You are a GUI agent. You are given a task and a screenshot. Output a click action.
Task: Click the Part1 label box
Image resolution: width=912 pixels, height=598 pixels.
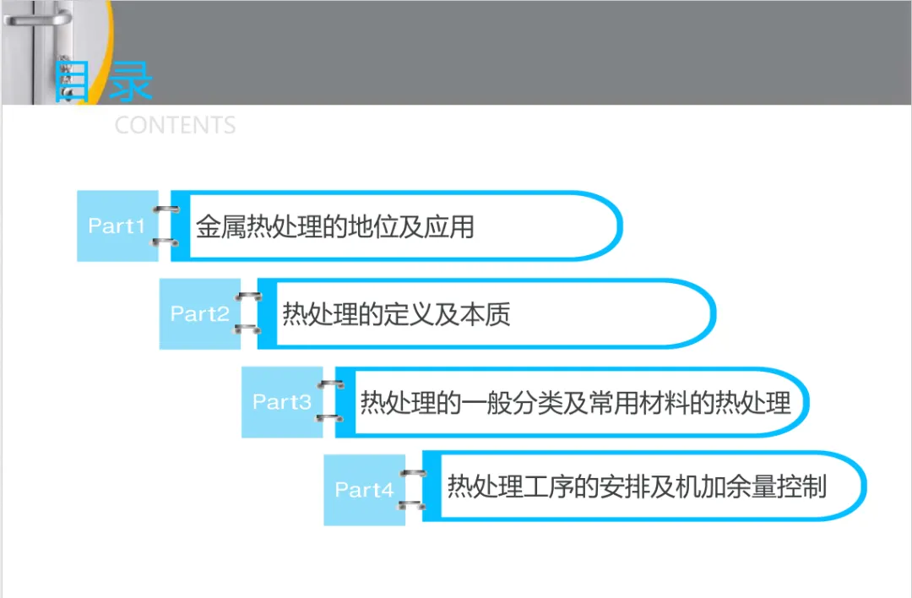tap(117, 226)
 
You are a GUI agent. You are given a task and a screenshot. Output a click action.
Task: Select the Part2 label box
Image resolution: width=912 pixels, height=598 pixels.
tap(199, 314)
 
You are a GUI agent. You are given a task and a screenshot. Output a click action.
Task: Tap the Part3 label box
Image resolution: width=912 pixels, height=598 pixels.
tap(281, 402)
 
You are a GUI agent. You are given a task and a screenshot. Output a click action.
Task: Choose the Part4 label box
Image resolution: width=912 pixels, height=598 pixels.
tap(364, 490)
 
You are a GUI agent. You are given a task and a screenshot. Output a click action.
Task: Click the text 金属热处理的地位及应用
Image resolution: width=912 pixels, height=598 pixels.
tap(334, 226)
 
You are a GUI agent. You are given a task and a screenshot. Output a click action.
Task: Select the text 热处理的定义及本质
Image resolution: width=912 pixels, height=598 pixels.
tap(396, 314)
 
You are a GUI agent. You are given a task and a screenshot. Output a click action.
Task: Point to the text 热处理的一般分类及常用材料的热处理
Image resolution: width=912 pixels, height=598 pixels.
tap(575, 402)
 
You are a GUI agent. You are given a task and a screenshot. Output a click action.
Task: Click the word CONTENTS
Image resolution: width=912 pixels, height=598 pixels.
tap(175, 126)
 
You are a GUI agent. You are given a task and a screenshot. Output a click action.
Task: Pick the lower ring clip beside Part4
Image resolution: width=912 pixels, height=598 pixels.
tap(412, 504)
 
